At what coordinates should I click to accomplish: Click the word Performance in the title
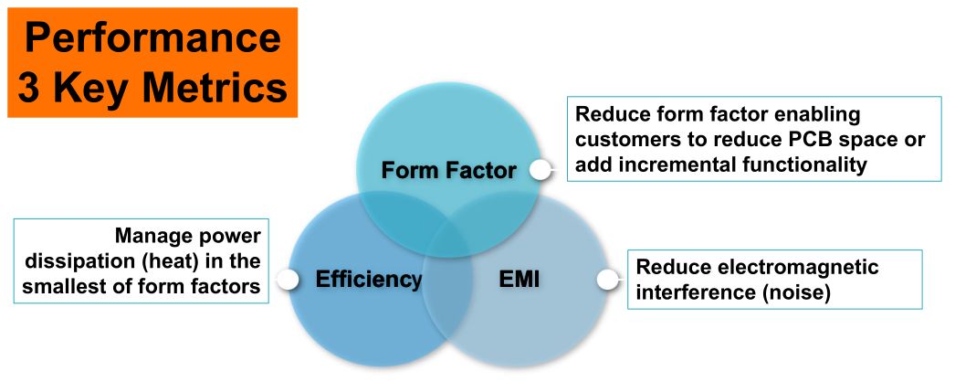[x=152, y=38]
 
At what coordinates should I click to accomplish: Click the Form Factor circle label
[x=448, y=171]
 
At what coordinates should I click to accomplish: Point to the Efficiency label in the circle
[x=369, y=279]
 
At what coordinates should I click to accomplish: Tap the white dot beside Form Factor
[x=540, y=170]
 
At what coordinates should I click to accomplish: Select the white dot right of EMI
[x=604, y=279]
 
